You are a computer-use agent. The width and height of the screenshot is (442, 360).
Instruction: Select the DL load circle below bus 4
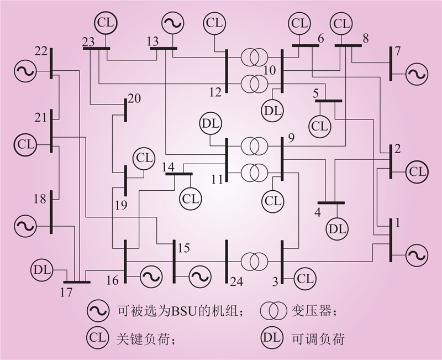coord(336,227)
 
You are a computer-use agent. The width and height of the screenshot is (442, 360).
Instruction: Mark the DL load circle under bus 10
coord(273,109)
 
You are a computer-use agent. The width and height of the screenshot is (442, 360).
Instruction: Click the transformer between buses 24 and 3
coord(254,260)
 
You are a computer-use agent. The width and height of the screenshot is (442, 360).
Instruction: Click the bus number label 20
coord(134,98)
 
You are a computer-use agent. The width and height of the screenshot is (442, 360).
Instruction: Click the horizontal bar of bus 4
coord(331,203)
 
